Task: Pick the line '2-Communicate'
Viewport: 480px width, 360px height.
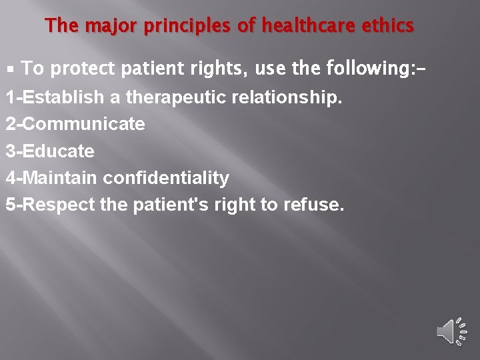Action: click(x=75, y=125)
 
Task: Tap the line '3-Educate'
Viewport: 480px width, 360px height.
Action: click(x=50, y=151)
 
